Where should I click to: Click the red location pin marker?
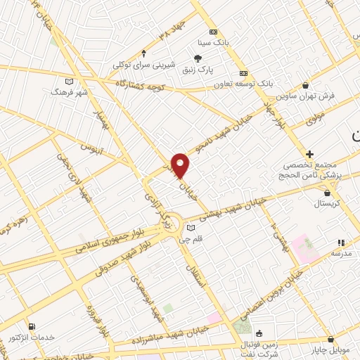(181, 165)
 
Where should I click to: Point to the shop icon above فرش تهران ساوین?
(306, 84)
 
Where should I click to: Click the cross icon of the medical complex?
(309, 153)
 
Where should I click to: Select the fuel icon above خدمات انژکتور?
(32, 326)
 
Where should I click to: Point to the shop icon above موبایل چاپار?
(330, 337)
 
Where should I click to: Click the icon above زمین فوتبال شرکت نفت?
(259, 333)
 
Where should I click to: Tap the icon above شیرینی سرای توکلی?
(144, 53)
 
